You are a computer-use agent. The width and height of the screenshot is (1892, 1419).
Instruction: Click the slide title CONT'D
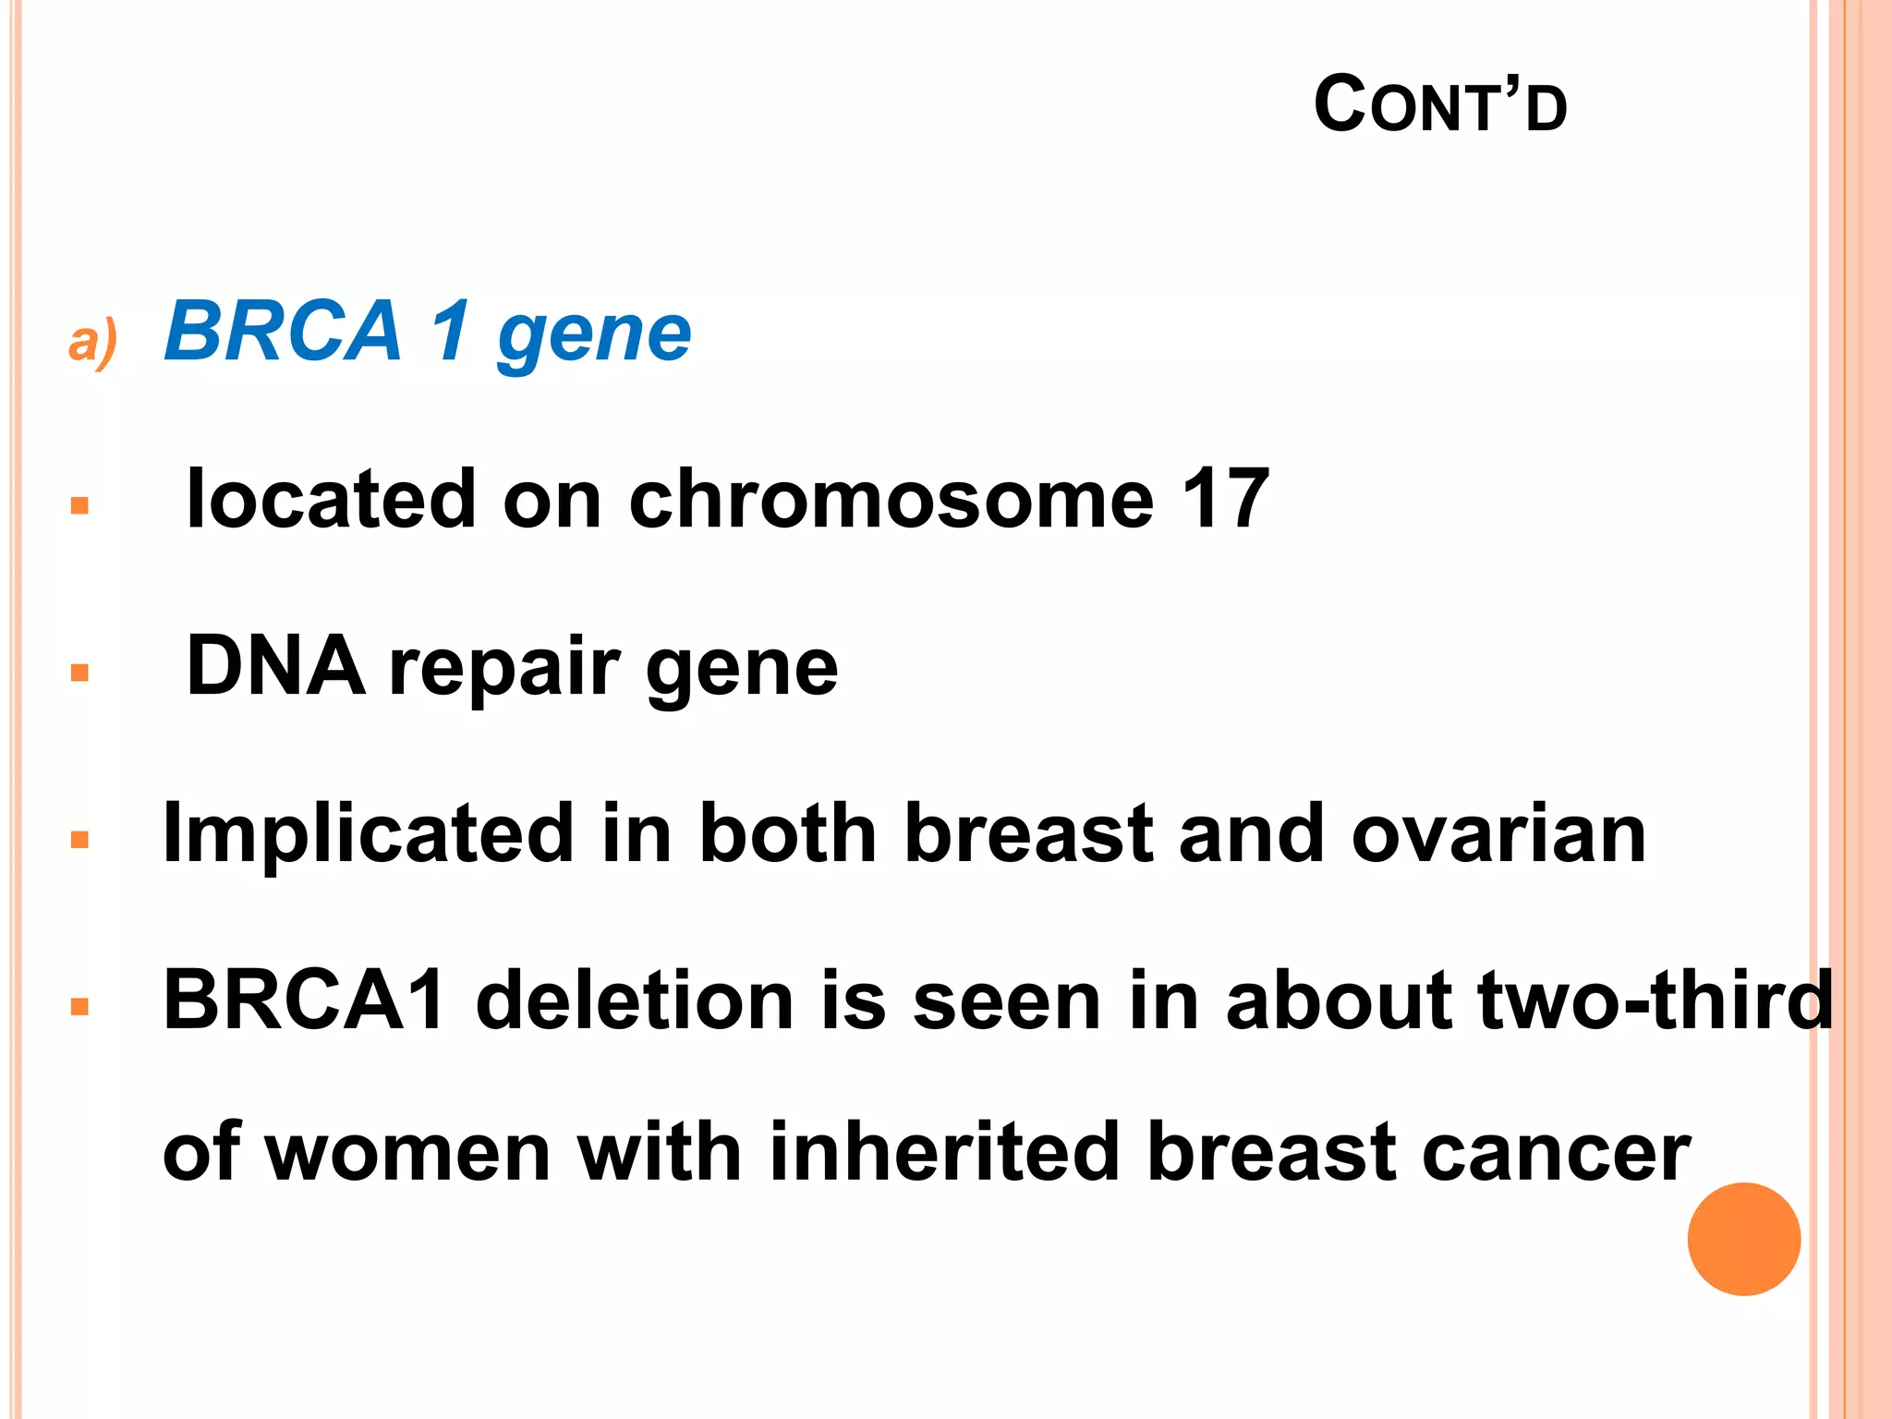pyautogui.click(x=1439, y=105)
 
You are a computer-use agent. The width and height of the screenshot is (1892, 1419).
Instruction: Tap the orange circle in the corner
pyautogui.click(x=1743, y=1239)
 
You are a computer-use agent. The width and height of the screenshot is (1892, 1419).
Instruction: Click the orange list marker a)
pyautogui.click(x=93, y=341)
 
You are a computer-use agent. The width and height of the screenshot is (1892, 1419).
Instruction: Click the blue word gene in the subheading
pyautogui.click(x=594, y=336)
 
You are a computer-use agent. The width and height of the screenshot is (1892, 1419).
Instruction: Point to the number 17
pyautogui.click(x=1225, y=499)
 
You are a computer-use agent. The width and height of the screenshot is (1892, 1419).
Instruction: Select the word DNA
pyautogui.click(x=275, y=666)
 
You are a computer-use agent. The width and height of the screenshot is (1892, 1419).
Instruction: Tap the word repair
pyautogui.click(x=504, y=670)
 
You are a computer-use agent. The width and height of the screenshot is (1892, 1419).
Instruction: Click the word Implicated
pyautogui.click(x=368, y=835)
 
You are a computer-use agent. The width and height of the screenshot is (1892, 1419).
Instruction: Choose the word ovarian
pyautogui.click(x=1498, y=835)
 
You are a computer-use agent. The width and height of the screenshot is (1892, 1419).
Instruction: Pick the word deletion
pyautogui.click(x=635, y=1001)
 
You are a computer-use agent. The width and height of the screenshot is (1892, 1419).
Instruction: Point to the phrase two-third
pyautogui.click(x=1655, y=1001)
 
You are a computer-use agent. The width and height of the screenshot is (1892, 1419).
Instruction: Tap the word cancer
pyautogui.click(x=1557, y=1155)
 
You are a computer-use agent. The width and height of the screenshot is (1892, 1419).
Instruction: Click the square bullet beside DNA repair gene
pyautogui.click(x=79, y=673)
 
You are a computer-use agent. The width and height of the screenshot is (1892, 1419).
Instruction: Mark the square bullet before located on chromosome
pyautogui.click(x=79, y=505)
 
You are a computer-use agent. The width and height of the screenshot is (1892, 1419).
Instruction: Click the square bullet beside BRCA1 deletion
pyautogui.click(x=79, y=1006)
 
